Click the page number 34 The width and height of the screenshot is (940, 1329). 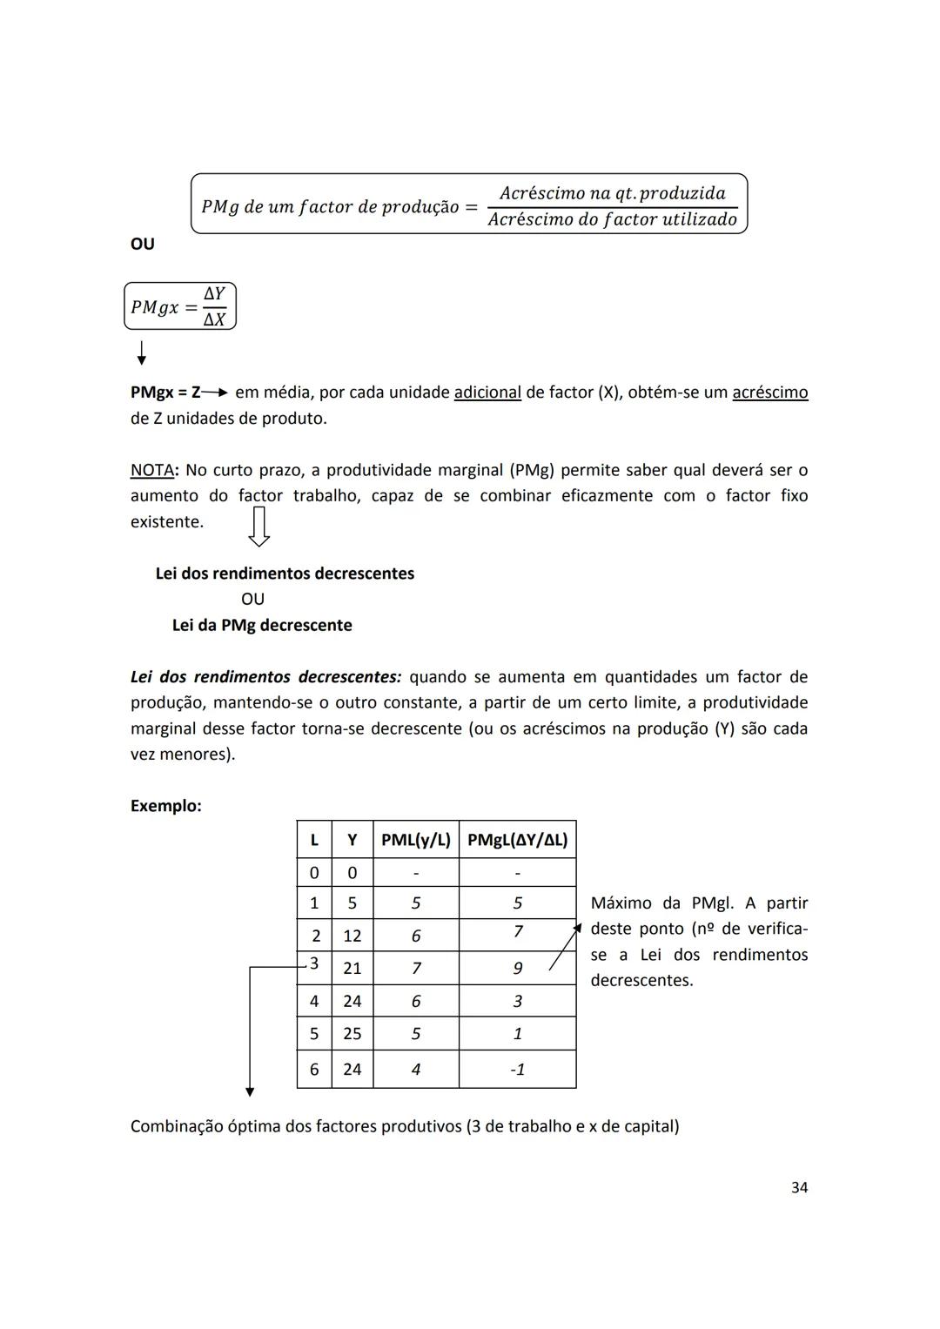click(x=799, y=1187)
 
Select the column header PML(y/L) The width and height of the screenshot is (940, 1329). click(x=415, y=840)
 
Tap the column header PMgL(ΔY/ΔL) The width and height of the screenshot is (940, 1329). click(x=517, y=840)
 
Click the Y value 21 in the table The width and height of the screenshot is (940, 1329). click(x=352, y=968)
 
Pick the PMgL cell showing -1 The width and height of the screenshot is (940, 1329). click(x=517, y=1069)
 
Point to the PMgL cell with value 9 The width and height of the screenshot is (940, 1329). click(x=517, y=968)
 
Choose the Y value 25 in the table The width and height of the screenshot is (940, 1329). click(x=352, y=1033)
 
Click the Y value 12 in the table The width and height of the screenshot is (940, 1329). click(x=352, y=936)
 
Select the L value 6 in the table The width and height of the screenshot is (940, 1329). click(x=314, y=1069)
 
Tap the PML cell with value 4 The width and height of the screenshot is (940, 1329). click(x=415, y=1069)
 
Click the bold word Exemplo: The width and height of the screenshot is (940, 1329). click(x=165, y=806)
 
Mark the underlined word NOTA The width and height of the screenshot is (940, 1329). click(x=151, y=470)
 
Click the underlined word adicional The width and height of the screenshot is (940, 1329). click(x=487, y=393)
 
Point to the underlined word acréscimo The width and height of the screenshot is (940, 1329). click(x=769, y=393)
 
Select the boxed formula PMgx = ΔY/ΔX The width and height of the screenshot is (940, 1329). click(x=180, y=306)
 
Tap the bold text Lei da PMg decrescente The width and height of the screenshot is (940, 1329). click(x=262, y=625)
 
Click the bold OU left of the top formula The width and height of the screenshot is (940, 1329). click(x=142, y=244)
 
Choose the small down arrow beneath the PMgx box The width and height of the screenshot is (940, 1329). click(x=141, y=352)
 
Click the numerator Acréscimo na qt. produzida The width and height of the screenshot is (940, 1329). click(x=612, y=193)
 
